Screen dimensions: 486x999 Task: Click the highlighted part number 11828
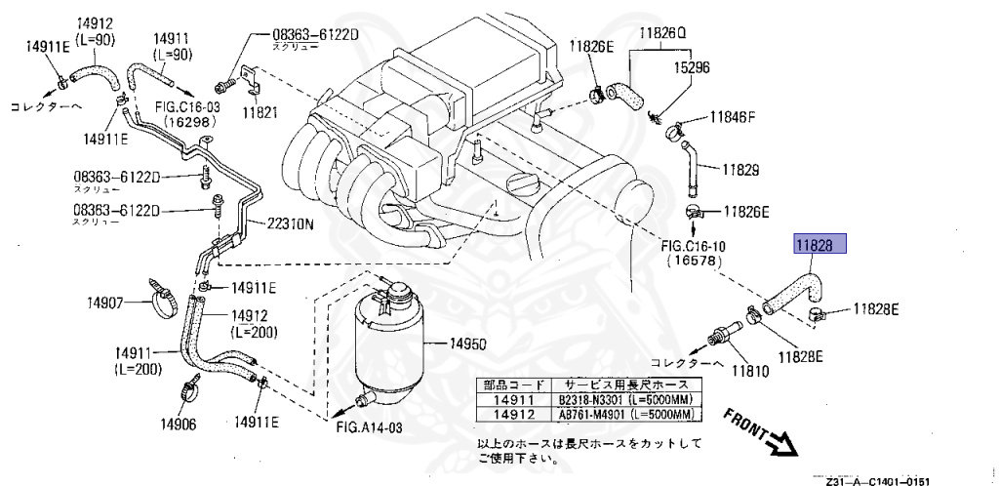click(x=818, y=248)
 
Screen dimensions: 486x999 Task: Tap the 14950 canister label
click(x=467, y=344)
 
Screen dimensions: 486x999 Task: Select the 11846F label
click(x=733, y=117)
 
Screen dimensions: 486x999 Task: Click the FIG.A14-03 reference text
click(x=369, y=427)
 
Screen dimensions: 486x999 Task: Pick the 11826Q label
click(x=663, y=32)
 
